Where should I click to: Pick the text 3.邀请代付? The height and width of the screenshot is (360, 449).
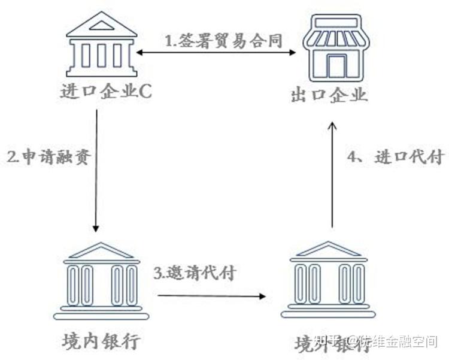[195, 274]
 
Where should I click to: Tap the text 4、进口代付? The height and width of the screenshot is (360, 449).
[395, 158]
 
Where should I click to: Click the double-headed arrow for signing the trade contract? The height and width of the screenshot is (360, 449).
[216, 53]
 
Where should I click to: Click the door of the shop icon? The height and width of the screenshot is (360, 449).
[337, 66]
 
